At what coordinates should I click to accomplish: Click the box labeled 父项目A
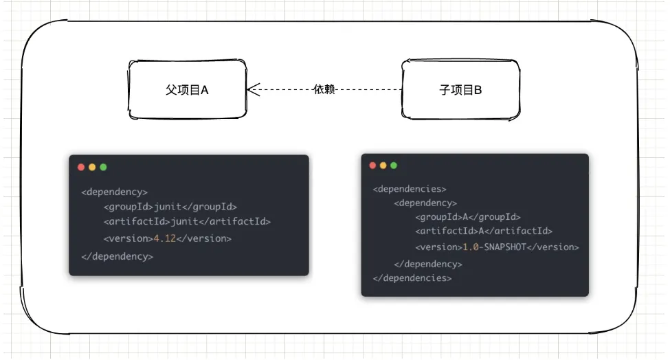coord(187,89)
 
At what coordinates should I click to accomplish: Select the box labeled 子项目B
coord(460,89)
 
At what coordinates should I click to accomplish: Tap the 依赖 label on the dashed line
coord(324,89)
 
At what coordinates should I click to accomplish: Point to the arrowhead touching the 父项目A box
coord(252,89)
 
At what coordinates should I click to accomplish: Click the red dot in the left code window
coord(81,167)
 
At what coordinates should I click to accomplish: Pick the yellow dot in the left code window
coord(92,167)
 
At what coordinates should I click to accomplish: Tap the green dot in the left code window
coord(103,167)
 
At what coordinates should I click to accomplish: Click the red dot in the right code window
coord(373,166)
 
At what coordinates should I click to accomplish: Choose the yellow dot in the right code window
coord(383,166)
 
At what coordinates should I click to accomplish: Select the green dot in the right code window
coord(394,166)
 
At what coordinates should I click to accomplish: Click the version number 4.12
coord(165,239)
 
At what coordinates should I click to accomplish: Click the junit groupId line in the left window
coord(170,207)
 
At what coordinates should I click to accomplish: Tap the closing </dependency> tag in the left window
coord(117,256)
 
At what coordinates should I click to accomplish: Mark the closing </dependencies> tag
coord(412,278)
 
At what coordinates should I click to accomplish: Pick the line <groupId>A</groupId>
coord(467,217)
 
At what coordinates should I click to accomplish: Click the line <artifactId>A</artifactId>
coord(484,232)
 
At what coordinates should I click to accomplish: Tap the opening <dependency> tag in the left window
coord(114,192)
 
